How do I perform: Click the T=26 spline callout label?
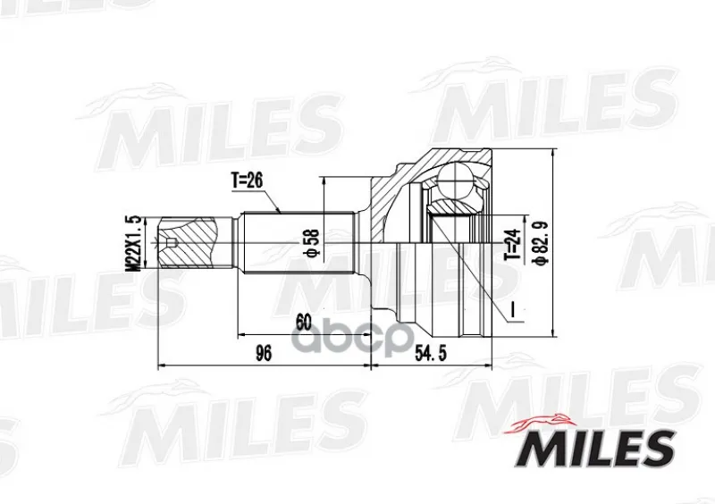pos(248,181)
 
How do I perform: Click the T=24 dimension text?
pos(512,244)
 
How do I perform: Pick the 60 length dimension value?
pos(304,323)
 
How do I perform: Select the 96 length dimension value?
pos(263,354)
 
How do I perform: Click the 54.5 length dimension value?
pos(431,354)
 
